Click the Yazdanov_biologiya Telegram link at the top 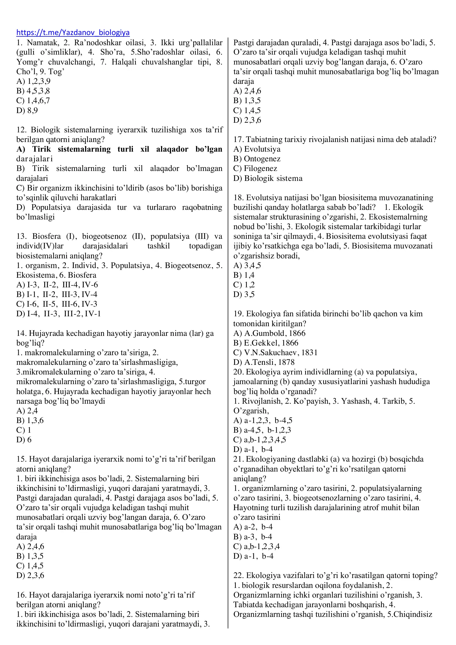[x=73, y=33]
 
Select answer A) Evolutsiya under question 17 [x=257, y=149]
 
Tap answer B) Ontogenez [x=257, y=159]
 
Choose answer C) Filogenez [x=255, y=168]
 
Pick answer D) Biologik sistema [x=268, y=178]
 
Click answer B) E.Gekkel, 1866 [x=265, y=343]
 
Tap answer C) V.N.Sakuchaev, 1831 [x=275, y=353]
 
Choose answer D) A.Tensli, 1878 [x=264, y=362]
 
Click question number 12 [x=21, y=130]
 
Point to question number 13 [x=21, y=236]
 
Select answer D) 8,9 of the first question [x=27, y=110]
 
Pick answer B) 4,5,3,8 [x=33, y=91]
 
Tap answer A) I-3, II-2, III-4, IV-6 [x=57, y=285]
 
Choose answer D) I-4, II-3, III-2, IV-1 [x=58, y=314]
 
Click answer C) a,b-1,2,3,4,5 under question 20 [x=259, y=440]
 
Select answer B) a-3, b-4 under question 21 [x=253, y=537]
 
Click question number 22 [x=238, y=575]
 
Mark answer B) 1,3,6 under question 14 [x=30, y=421]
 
